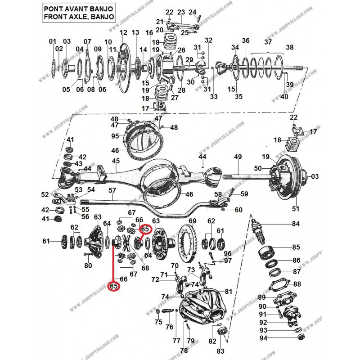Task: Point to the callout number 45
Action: click(116, 161)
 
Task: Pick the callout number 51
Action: click(296, 208)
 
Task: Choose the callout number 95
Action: click(115, 136)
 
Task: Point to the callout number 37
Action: click(268, 42)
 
